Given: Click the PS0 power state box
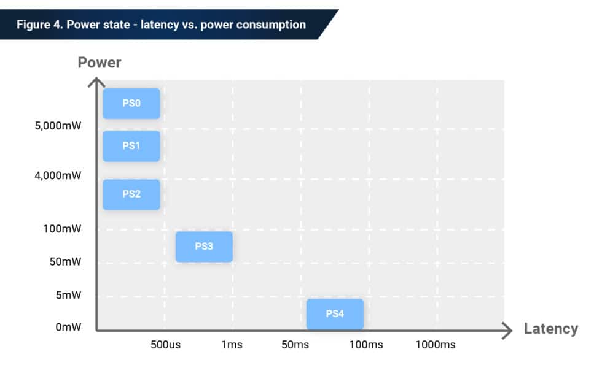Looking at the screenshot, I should tap(131, 104).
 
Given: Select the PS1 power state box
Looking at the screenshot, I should tap(131, 146).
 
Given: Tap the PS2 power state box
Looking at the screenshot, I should tap(131, 194).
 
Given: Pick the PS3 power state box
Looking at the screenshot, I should tap(204, 247).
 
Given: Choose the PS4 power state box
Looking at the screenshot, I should tap(335, 314).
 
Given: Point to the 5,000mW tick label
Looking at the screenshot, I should tap(58, 126).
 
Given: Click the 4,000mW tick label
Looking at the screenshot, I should tap(58, 176).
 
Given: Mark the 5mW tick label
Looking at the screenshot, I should tap(69, 295).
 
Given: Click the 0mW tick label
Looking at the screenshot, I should tap(69, 328).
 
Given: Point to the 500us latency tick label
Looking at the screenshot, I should tap(165, 345).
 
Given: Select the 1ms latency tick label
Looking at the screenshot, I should tap(232, 345).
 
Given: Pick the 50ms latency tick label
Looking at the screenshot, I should tap(295, 345).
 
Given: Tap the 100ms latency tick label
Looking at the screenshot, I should tap(366, 345).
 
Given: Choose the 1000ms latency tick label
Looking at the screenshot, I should tap(436, 345).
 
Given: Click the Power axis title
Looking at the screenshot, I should tap(100, 63).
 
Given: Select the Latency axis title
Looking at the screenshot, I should tap(550, 329).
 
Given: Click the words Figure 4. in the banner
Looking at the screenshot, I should tap(39, 25).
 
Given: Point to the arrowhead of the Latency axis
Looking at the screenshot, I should tap(507, 331).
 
